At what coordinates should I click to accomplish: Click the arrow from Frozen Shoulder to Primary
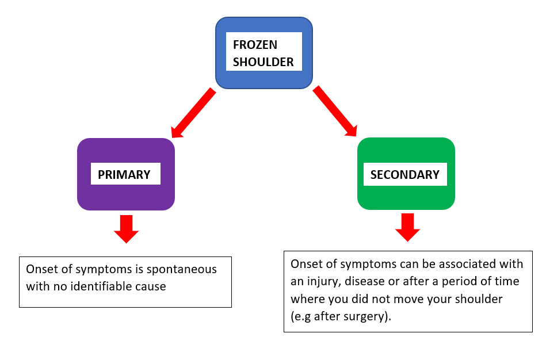193,113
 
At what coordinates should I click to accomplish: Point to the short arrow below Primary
126,228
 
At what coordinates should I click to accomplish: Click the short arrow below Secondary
407,226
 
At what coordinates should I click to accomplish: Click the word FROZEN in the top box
255,45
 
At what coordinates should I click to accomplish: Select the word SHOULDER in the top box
263,62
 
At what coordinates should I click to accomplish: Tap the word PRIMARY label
124,175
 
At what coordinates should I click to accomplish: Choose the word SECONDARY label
405,175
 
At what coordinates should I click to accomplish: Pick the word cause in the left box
151,286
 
